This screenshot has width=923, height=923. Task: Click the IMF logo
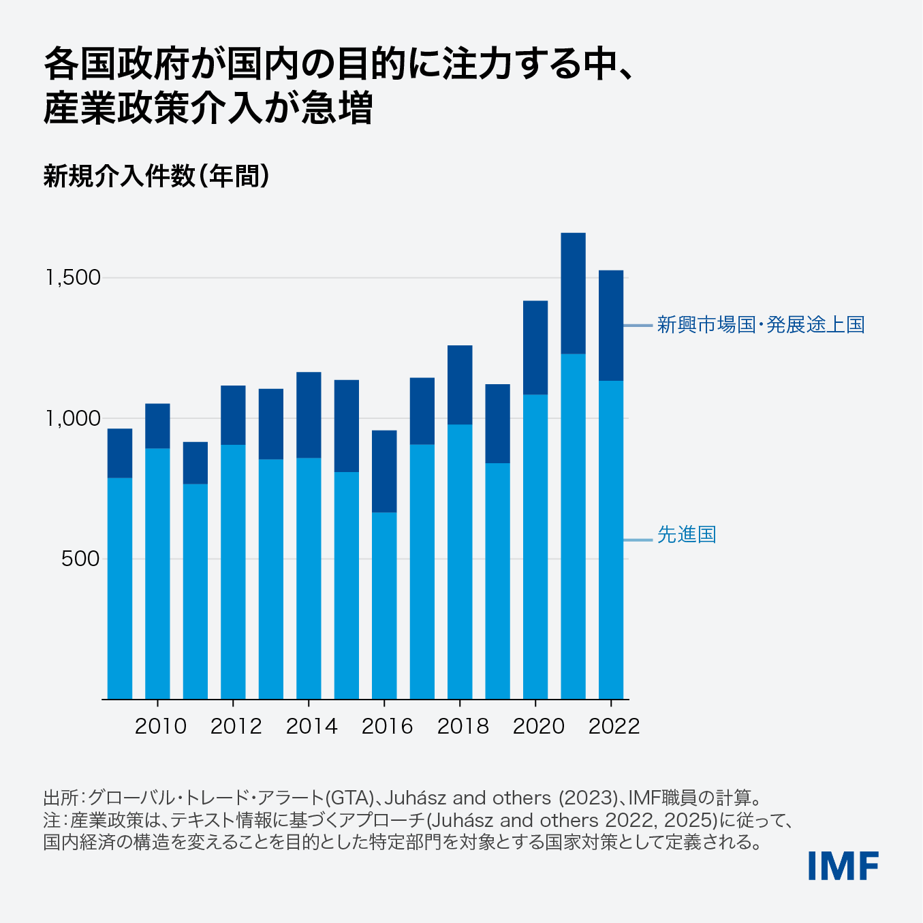(843, 866)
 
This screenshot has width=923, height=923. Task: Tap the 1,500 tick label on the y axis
(73, 278)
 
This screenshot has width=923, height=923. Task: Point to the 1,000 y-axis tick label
(73, 418)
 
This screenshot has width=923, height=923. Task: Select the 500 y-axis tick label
(80, 559)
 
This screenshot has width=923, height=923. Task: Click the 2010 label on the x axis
(160, 726)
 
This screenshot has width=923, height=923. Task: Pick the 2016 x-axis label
(387, 726)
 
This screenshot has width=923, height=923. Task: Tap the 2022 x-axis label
(614, 726)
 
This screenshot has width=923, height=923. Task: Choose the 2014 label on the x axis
(311, 726)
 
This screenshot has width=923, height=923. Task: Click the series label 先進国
(686, 535)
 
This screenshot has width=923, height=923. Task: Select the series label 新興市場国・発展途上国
(760, 325)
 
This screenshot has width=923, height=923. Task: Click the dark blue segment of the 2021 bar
(573, 293)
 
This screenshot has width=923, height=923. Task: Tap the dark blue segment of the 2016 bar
(384, 471)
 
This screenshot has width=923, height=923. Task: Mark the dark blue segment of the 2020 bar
(535, 347)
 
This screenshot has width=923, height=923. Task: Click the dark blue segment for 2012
(233, 415)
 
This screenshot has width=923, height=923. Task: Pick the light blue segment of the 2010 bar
(157, 573)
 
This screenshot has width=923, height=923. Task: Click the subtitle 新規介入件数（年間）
(157, 176)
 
